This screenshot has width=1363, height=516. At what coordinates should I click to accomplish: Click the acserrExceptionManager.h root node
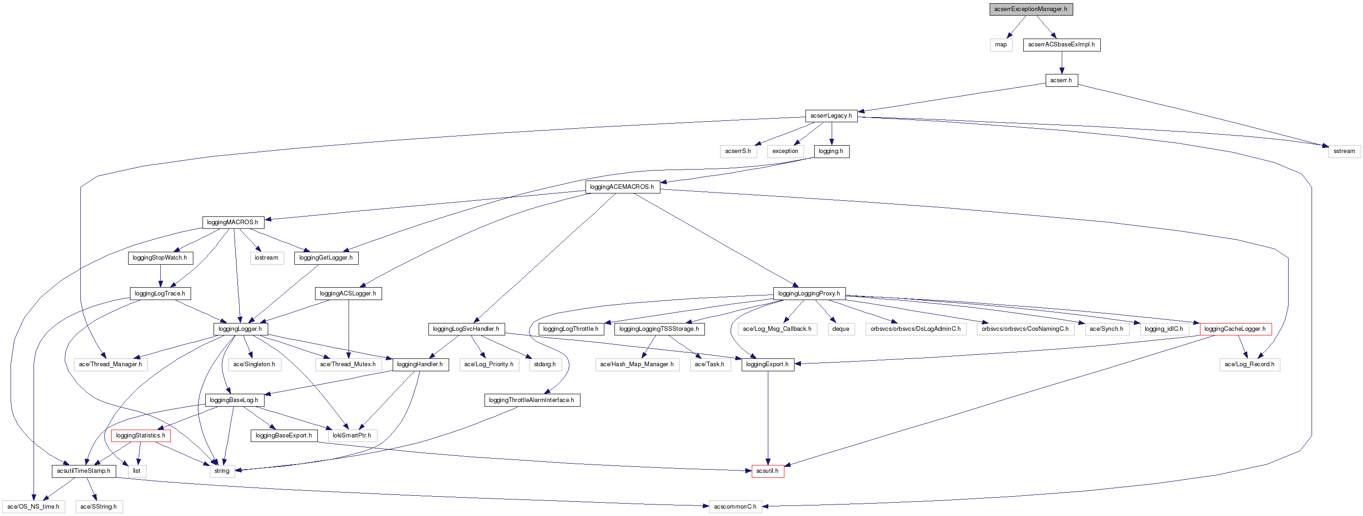point(1031,9)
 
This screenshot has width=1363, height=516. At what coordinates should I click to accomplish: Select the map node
point(1001,45)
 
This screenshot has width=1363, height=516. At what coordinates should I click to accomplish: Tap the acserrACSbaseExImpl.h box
point(1061,45)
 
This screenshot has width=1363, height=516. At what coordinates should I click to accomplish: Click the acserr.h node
point(1061,80)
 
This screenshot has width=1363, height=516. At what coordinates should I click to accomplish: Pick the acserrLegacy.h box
point(831,116)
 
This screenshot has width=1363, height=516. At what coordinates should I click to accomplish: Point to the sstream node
point(1344,151)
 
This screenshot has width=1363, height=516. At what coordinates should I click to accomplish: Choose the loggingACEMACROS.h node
point(622,187)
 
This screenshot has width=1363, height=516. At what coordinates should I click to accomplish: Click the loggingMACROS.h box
point(232,222)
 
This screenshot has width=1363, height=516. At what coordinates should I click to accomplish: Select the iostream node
point(266,258)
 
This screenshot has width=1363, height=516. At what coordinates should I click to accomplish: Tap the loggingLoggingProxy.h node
point(809,293)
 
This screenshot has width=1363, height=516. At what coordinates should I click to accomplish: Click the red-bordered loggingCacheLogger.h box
point(1235,329)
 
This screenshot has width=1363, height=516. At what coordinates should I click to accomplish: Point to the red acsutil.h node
point(767,471)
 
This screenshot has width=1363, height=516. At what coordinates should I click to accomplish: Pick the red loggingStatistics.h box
point(140,436)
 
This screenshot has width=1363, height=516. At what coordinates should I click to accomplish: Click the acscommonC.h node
point(735,506)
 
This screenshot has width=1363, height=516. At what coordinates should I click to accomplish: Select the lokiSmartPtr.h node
point(352,436)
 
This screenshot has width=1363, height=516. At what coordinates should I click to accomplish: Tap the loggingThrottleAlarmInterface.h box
point(531,400)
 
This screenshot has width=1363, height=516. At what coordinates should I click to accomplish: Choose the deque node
point(840,329)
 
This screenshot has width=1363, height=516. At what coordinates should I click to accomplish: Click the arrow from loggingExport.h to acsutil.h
point(768,418)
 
